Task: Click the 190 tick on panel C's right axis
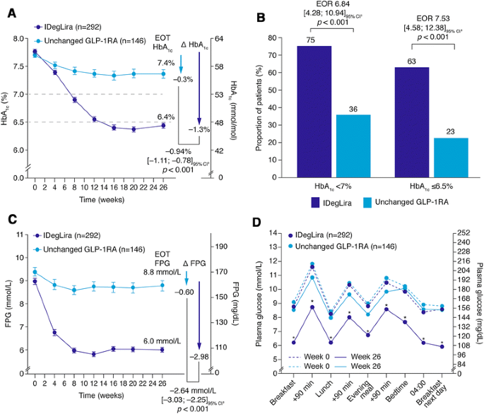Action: [222, 247]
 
